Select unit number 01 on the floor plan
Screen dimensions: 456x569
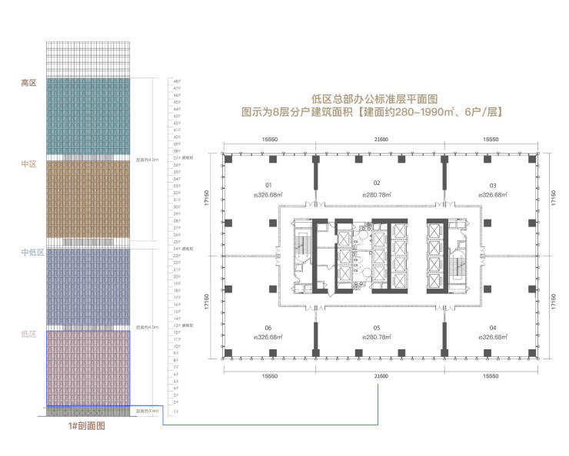269,184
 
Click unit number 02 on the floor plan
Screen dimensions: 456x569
378,184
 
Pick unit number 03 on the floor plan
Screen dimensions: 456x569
493,185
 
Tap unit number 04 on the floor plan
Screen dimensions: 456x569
493,327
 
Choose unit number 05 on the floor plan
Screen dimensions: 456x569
378,327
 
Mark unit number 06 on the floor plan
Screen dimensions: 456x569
269,327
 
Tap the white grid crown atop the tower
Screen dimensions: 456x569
87,57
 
